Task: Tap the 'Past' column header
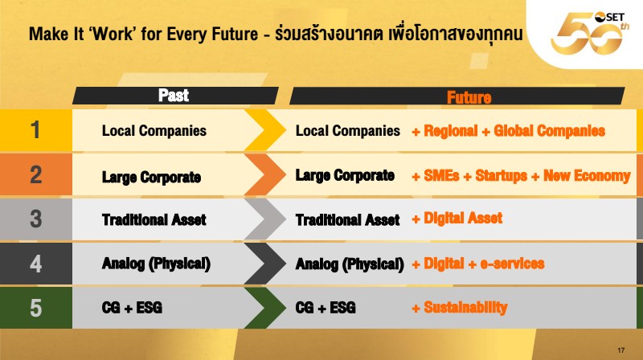tap(174, 95)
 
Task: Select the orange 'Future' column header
tap(469, 97)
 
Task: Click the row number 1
tap(35, 130)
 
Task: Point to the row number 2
tap(36, 174)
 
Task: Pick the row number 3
tap(36, 219)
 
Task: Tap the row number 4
tap(36, 264)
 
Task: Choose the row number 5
tap(36, 308)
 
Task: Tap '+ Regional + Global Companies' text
tap(509, 131)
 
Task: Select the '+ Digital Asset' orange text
tap(457, 218)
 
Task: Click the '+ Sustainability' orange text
tap(460, 308)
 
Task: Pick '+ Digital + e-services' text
tap(478, 264)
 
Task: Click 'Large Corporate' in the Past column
tap(151, 177)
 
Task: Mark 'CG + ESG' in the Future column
tap(326, 308)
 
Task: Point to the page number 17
tap(620, 350)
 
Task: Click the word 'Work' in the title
tap(113, 34)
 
